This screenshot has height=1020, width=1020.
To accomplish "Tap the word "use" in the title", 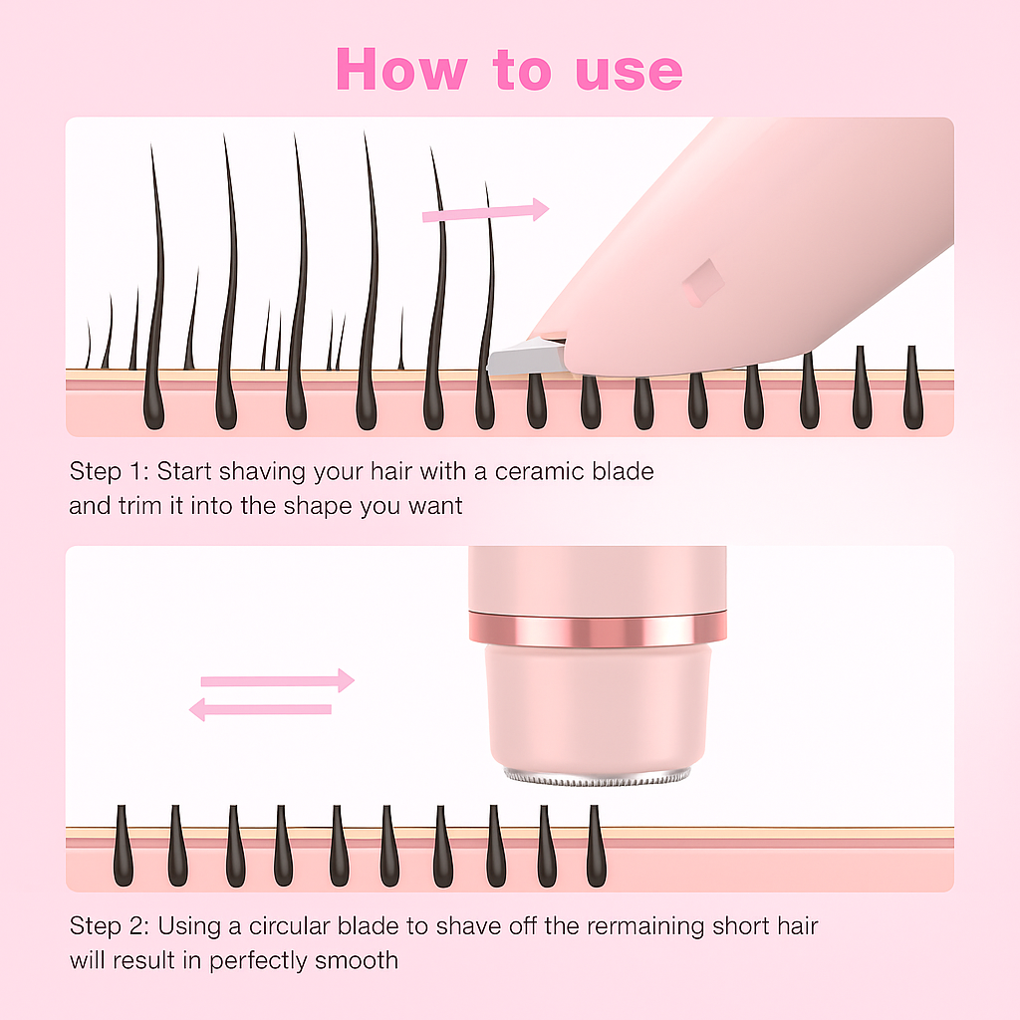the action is tap(630, 72).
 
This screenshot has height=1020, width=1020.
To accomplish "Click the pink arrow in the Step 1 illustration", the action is tap(485, 211).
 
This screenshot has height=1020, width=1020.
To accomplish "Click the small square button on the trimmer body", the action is tap(702, 283).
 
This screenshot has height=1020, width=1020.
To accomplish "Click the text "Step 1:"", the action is tap(110, 472).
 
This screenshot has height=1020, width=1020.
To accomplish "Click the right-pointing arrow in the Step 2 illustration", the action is tap(278, 680).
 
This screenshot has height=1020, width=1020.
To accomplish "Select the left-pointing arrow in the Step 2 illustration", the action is tap(260, 709).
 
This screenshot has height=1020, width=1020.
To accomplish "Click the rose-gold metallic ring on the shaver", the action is tap(598, 630).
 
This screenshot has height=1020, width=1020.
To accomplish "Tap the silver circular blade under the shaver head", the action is tap(598, 777).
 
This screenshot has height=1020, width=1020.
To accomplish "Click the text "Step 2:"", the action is tap(110, 926).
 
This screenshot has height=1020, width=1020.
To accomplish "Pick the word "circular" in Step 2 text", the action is tap(290, 926).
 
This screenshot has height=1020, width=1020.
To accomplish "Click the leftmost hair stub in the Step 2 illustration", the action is tap(123, 846).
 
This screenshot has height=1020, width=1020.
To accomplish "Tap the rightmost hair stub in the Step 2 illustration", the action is tap(596, 846).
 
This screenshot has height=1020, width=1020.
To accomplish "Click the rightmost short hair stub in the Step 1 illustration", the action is tap(913, 387).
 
